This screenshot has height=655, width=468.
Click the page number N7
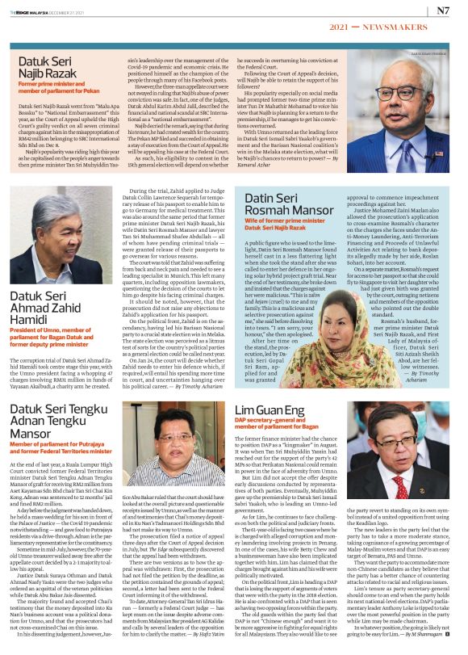click(x=443, y=11)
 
